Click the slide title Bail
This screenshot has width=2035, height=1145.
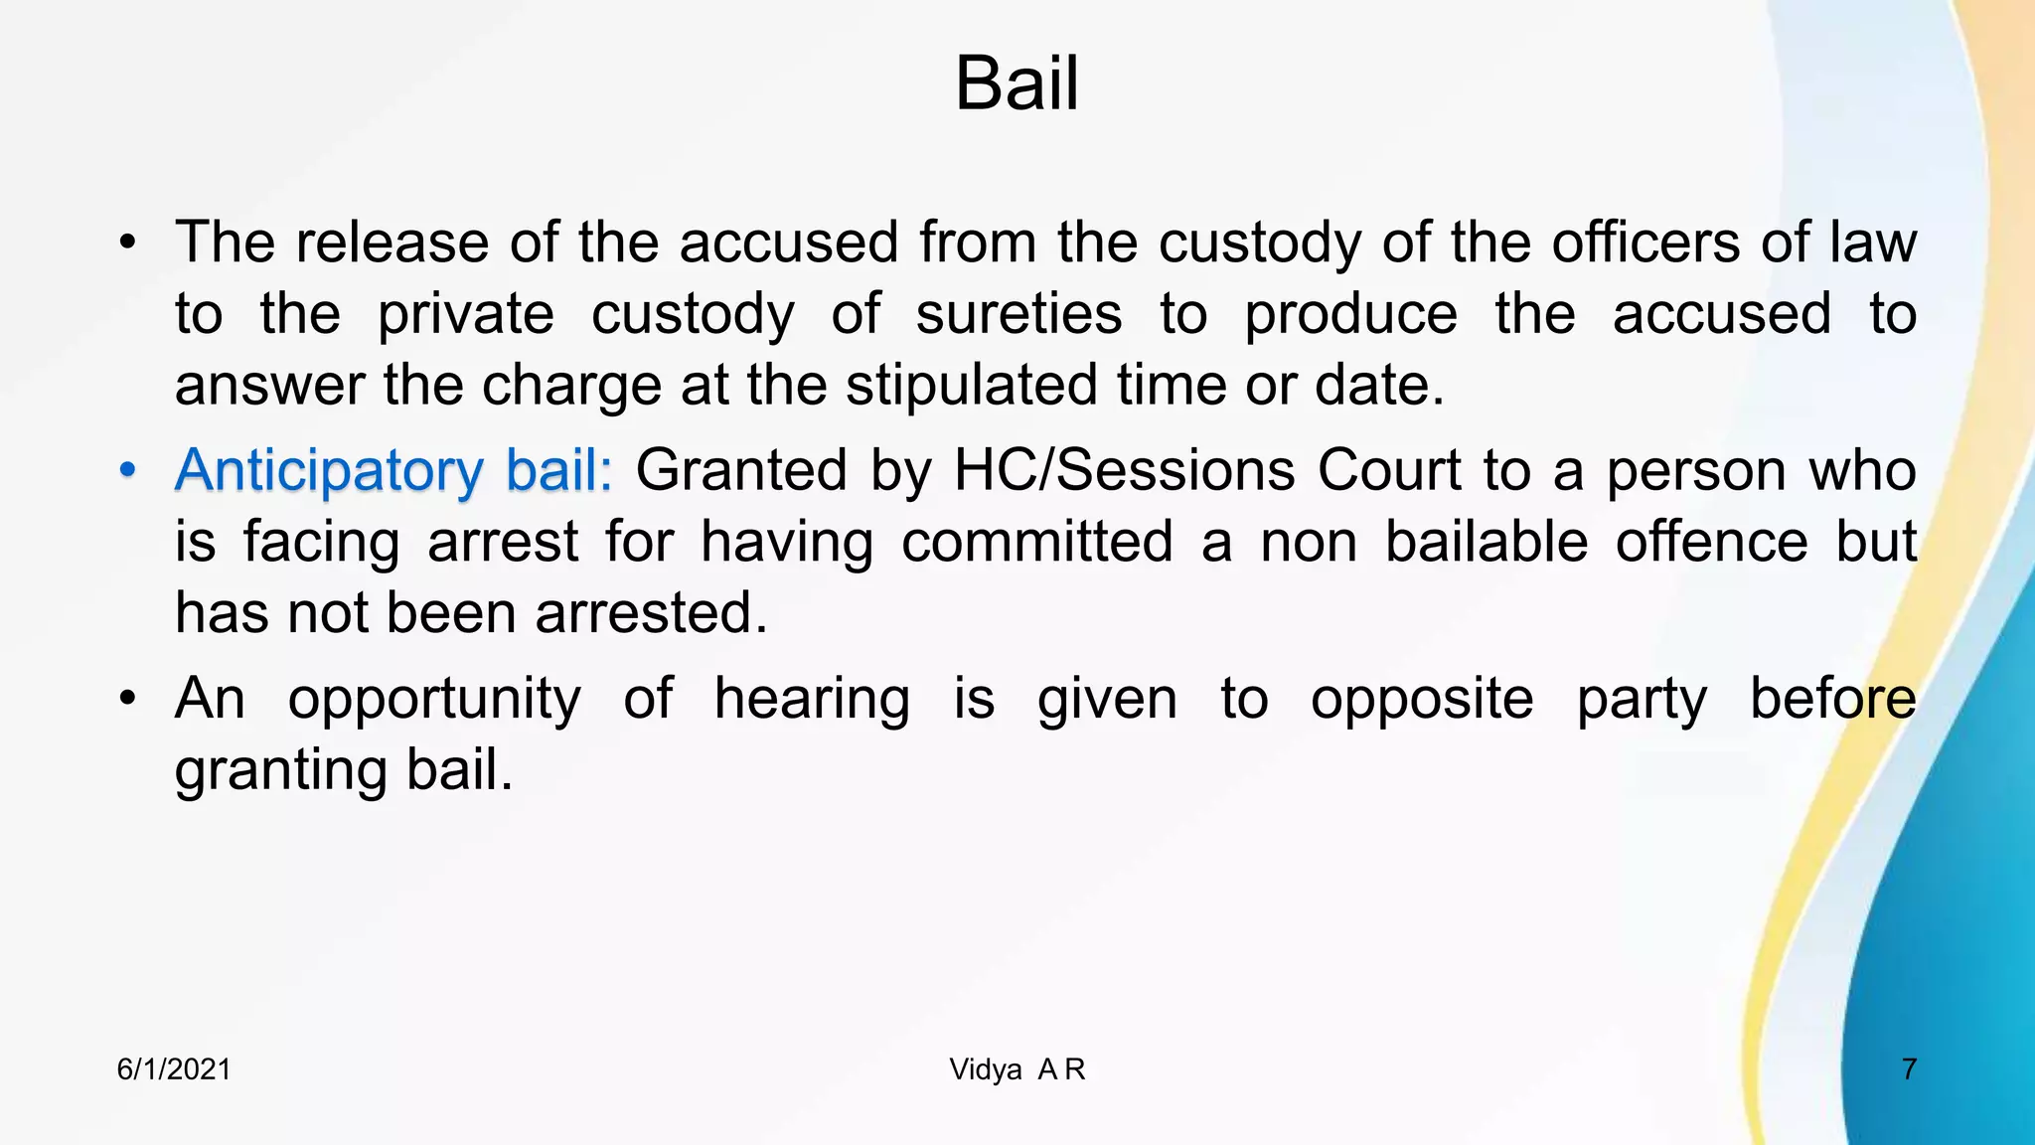click(1016, 84)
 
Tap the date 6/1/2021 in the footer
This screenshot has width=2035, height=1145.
click(174, 1069)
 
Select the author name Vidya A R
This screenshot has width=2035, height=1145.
click(1017, 1069)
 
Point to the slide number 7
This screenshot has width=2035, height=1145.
click(1908, 1069)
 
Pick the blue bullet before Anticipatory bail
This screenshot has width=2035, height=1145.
click(126, 470)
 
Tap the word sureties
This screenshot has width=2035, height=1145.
click(1018, 314)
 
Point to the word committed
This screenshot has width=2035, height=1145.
click(1036, 542)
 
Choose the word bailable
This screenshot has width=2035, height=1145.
click(1487, 542)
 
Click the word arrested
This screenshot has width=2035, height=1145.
click(651, 612)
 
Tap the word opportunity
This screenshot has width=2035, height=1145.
click(434, 699)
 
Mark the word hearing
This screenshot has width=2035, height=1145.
click(812, 699)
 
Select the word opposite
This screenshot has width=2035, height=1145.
click(1422, 699)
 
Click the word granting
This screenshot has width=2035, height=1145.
click(280, 770)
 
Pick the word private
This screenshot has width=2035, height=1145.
click(465, 314)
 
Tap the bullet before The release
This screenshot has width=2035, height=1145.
click(126, 243)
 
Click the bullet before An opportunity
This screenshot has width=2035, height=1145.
click(126, 699)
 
